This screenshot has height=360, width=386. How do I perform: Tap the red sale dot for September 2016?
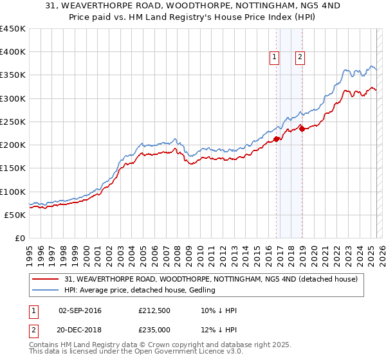[x=276, y=139]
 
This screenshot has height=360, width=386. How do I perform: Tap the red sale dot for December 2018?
[x=302, y=129]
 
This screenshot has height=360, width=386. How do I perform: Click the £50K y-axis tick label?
[x=15, y=215]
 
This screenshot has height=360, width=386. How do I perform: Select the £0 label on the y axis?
[x=21, y=238]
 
